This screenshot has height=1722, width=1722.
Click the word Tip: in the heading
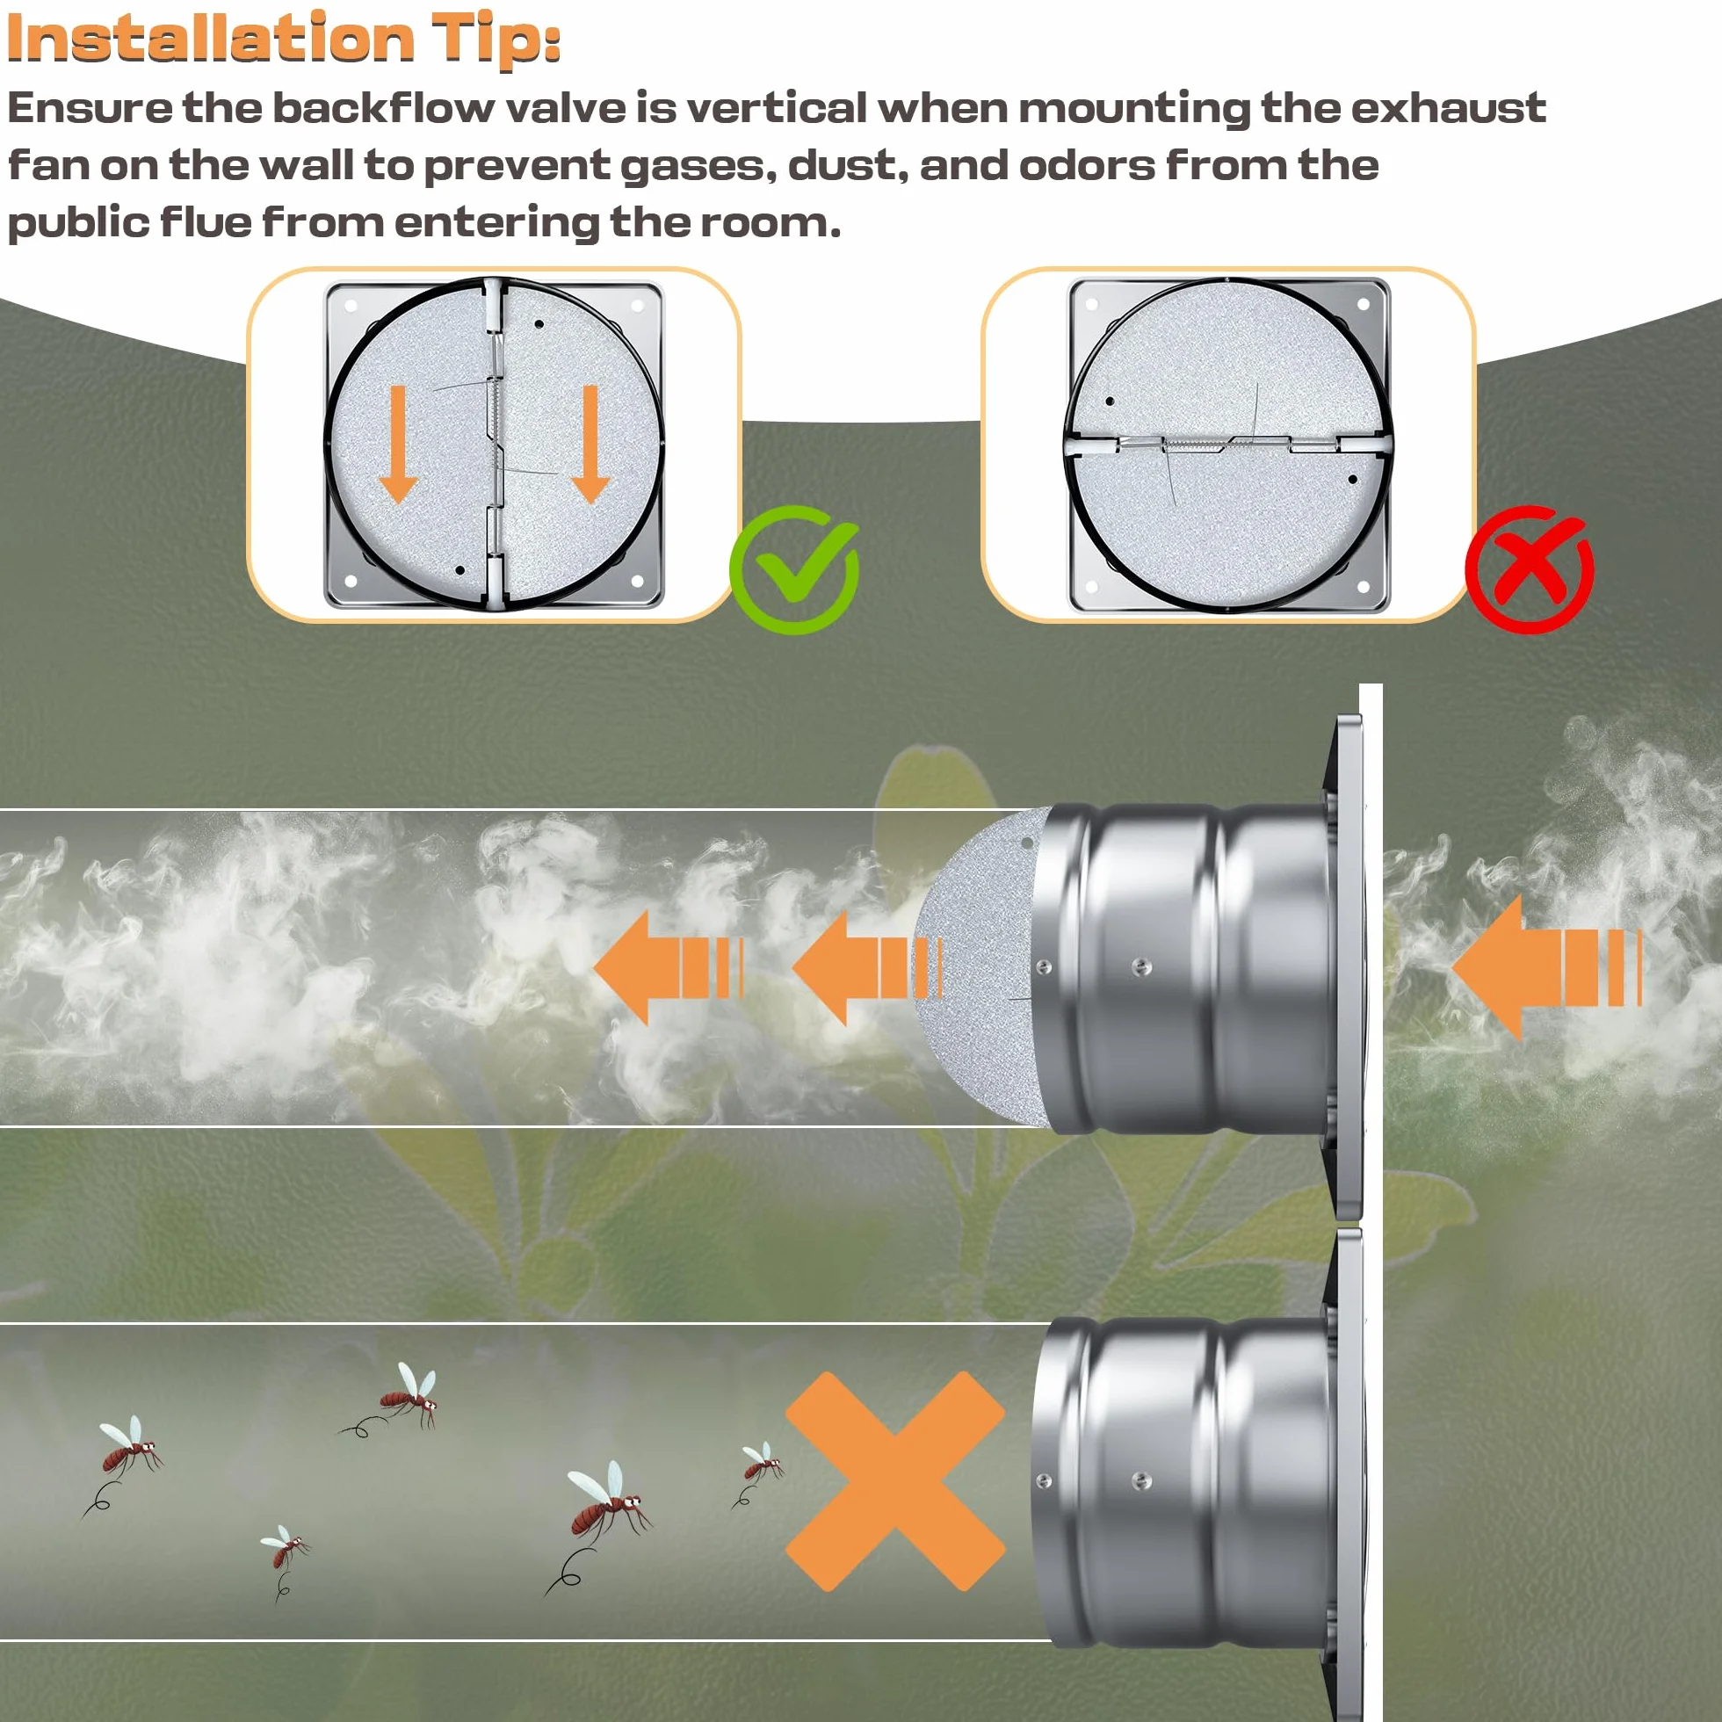[496, 40]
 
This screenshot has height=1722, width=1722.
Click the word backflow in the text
[383, 108]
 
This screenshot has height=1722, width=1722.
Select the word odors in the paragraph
[1087, 166]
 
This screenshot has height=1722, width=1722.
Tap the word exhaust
[1449, 108]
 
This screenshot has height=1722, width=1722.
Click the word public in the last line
[78, 223]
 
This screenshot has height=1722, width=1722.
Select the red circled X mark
[1530, 569]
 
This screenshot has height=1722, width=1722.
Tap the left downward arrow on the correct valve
[398, 444]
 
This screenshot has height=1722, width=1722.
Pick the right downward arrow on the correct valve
[590, 444]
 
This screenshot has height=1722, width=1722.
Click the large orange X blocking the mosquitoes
[896, 1481]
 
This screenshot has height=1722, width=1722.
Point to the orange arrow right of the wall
[1546, 968]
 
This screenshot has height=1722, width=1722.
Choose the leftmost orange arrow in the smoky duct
[669, 968]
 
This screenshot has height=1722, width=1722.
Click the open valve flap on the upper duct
[980, 967]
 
